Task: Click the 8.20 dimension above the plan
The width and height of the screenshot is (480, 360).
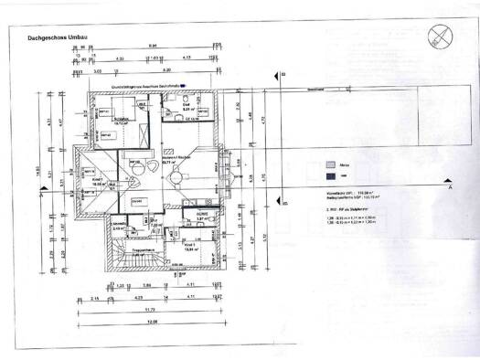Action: pyautogui.click(x=166, y=69)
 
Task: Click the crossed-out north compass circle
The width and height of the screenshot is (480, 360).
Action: pyautogui.click(x=441, y=35)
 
